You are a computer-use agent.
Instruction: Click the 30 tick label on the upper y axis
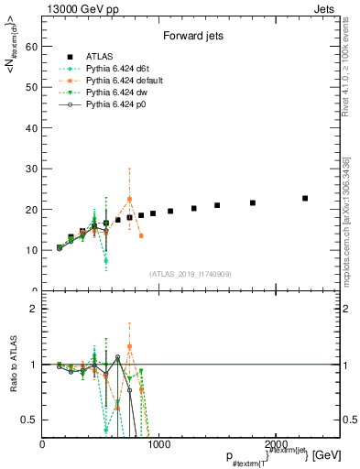[33, 169]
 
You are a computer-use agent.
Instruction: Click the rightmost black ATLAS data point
[305, 198]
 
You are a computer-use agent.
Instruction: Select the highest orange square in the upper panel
[129, 199]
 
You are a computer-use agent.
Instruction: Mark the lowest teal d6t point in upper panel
[106, 261]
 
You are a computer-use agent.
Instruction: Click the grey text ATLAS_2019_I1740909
[190, 274]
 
